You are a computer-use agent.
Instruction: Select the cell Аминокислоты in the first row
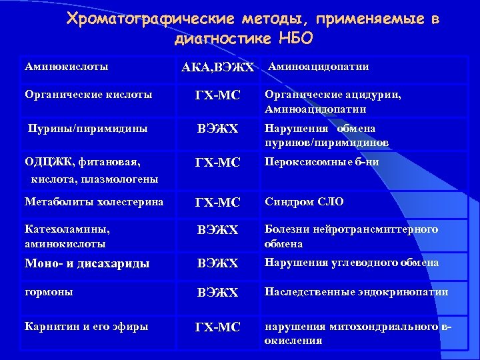(x=66, y=67)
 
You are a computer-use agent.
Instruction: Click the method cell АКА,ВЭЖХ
(x=218, y=68)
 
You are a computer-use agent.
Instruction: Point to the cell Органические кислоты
(x=88, y=95)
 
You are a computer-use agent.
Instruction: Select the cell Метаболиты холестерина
(x=93, y=201)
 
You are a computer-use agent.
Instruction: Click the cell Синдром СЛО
(x=304, y=201)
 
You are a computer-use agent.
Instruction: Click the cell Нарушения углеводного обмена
(x=351, y=263)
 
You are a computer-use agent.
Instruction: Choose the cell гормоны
(x=49, y=292)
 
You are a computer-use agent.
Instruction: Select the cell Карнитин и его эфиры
(x=86, y=326)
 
